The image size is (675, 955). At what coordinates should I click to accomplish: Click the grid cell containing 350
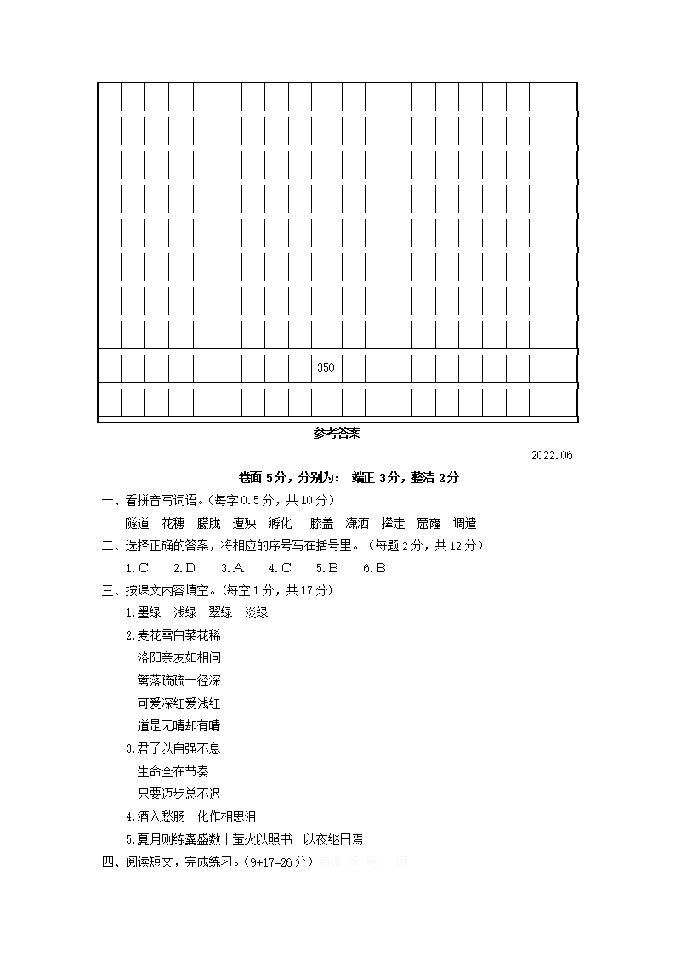326,368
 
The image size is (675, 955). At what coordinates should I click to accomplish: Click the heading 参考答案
337,433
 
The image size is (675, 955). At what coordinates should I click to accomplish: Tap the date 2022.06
552,455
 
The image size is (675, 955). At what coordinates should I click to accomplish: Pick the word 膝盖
321,523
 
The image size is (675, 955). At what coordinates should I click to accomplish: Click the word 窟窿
428,523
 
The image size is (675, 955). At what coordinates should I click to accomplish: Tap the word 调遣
465,523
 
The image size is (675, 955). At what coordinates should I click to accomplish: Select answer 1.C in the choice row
137,568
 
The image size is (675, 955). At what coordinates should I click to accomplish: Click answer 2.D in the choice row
184,568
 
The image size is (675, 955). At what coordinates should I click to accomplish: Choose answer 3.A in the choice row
232,568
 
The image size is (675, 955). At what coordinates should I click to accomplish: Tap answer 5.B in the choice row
327,568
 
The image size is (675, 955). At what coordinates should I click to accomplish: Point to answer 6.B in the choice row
374,568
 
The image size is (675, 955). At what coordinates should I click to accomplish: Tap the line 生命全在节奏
173,771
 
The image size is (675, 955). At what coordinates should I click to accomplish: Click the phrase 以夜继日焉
333,839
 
